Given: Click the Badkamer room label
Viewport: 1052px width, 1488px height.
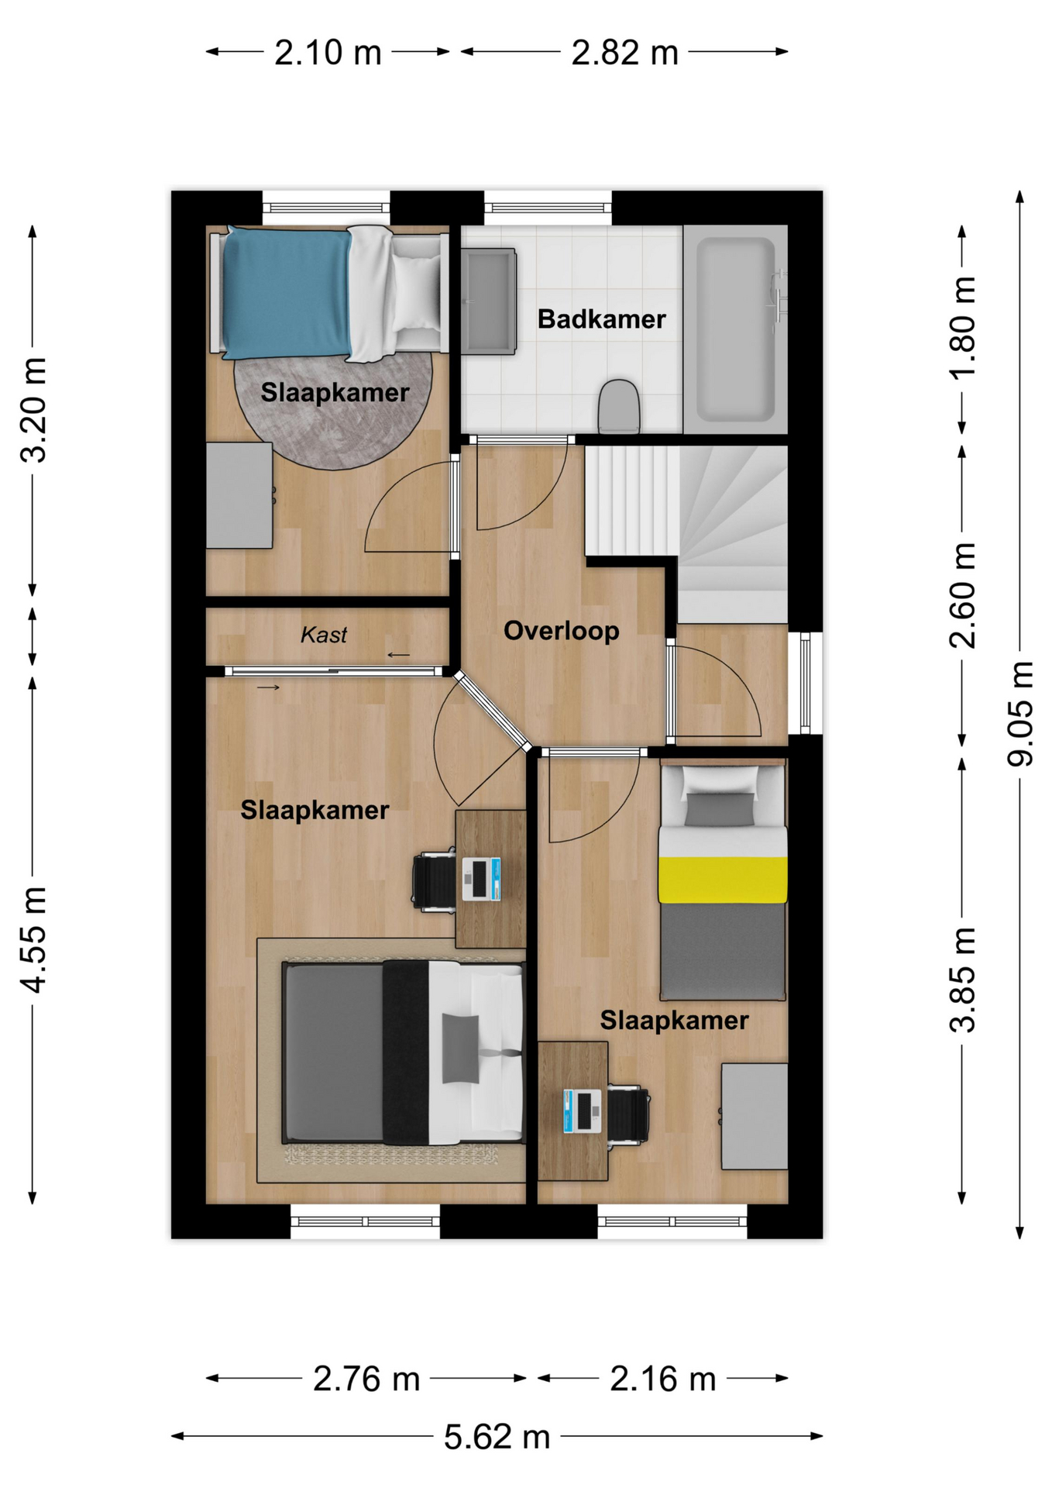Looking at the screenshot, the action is point(601,319).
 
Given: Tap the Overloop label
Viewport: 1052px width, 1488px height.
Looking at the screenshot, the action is point(562,631).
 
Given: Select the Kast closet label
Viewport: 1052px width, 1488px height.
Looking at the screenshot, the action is point(324,635).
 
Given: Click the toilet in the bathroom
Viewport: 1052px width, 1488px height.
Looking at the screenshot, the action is point(619,406).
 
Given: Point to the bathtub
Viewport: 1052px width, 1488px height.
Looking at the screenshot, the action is point(735,329).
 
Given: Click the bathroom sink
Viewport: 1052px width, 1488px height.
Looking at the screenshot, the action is point(489,301).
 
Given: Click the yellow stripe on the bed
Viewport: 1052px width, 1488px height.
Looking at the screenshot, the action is point(723,880).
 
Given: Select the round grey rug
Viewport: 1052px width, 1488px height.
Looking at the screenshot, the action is point(333,411).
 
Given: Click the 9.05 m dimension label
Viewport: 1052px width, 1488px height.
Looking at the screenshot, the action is point(1019,714).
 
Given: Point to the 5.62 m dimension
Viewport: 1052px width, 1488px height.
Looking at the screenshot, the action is point(497,1438).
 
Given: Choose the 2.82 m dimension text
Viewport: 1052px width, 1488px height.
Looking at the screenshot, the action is point(624,53).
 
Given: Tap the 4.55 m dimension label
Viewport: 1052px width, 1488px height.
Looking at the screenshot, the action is point(33,939).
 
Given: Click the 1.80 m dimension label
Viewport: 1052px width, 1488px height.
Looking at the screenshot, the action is point(962,328).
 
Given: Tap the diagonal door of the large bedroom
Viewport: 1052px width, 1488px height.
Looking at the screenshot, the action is point(493,711).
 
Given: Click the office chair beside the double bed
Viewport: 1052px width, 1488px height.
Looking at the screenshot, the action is point(435,880).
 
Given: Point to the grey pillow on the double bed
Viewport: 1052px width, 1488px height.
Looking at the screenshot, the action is point(460,1049).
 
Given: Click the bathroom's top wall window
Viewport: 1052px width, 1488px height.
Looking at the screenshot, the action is point(548,207).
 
